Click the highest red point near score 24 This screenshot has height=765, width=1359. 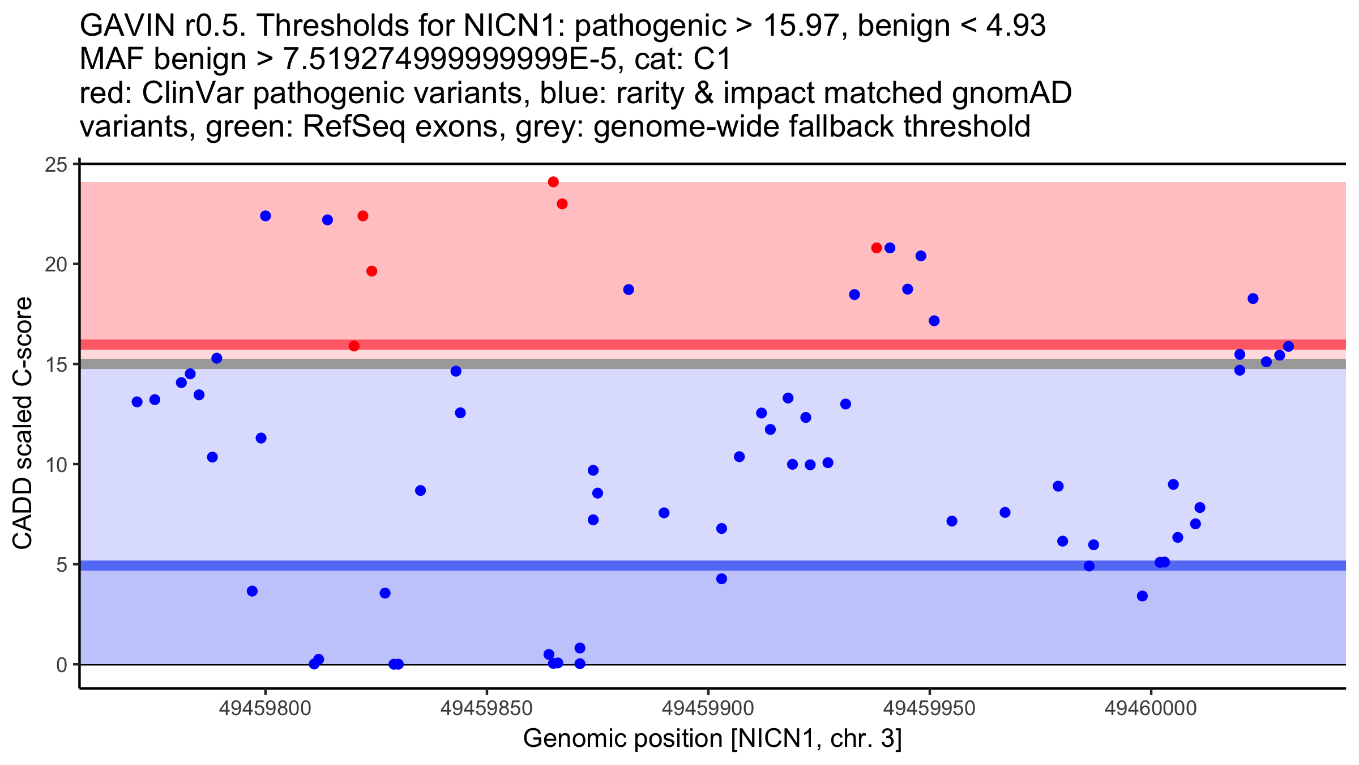pos(553,182)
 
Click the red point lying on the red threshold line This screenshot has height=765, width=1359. pos(354,346)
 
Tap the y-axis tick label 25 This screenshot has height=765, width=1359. pos(55,165)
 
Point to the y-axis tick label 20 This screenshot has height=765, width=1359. pos(55,265)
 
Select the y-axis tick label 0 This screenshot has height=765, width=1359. pos(61,665)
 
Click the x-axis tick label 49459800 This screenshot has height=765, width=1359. pos(265,708)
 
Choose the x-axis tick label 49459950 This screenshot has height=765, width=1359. pos(929,708)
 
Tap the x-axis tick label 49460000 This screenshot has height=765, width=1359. pos(1151,708)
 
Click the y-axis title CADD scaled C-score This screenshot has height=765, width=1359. pos(23,423)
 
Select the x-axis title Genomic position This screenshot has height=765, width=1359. pos(712,739)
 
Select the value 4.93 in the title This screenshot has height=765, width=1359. pos(1016,25)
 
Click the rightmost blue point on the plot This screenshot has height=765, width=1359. pos(1288,346)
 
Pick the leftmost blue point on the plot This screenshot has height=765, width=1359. pos(137,402)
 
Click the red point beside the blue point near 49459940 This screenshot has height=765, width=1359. pos(877,248)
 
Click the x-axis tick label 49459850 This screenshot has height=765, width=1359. pos(486,708)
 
